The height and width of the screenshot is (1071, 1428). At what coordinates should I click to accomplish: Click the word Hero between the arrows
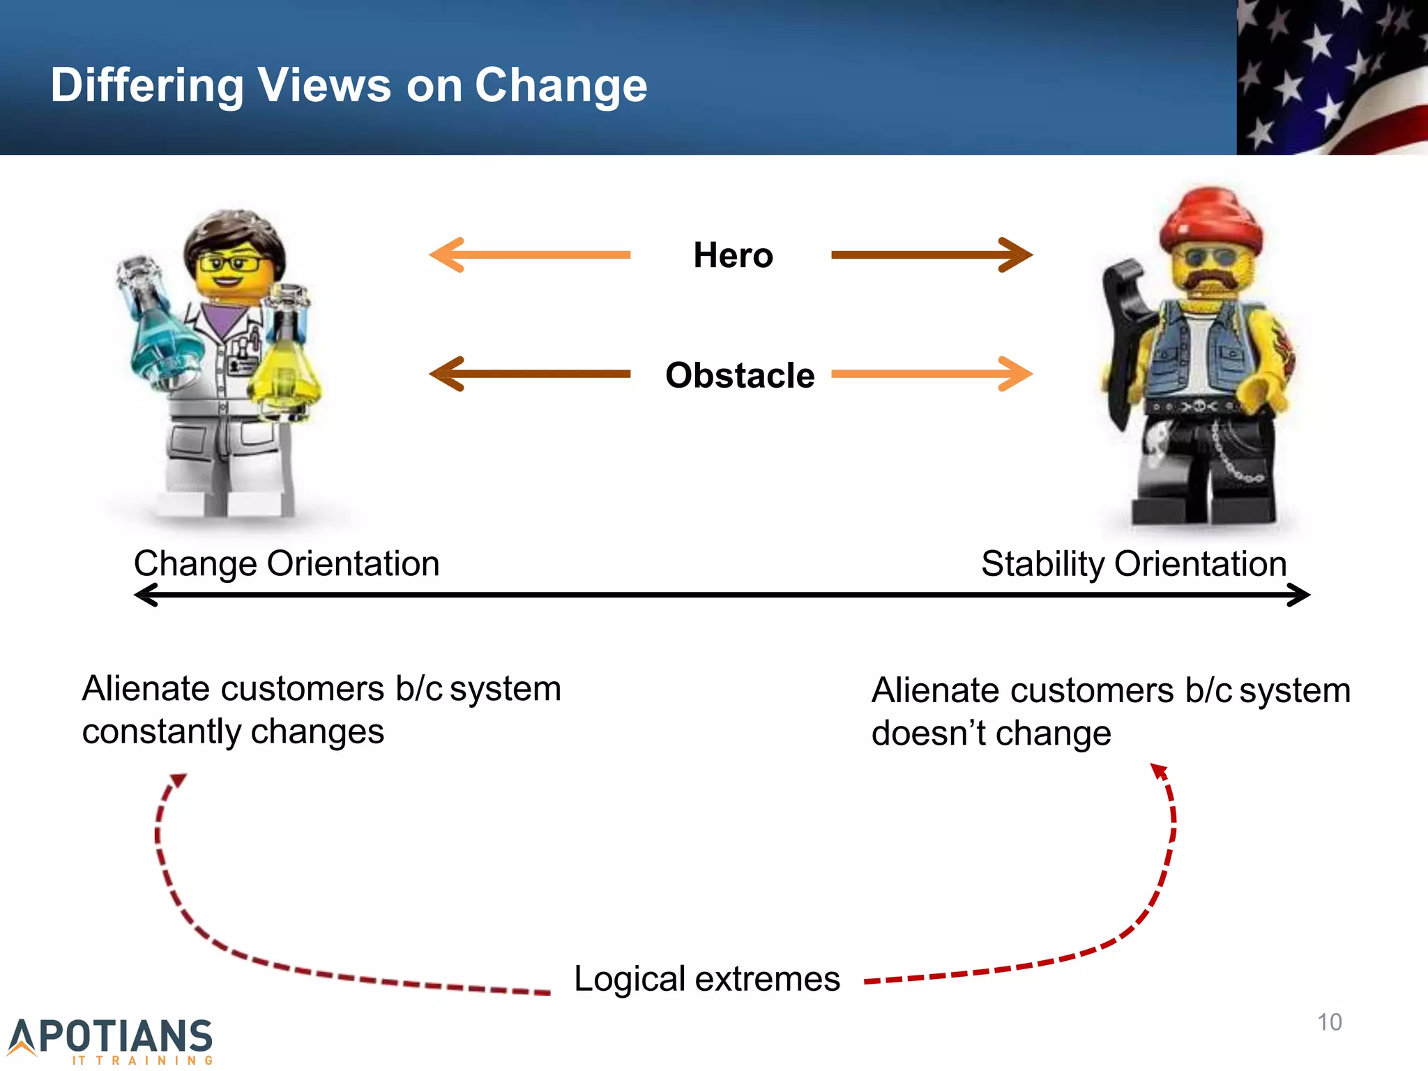point(733,255)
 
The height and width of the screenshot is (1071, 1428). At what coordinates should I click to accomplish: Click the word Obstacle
point(740,375)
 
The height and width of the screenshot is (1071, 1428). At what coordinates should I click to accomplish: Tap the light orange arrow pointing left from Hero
point(529,255)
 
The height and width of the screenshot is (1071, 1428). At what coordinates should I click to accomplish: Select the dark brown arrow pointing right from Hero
point(932,255)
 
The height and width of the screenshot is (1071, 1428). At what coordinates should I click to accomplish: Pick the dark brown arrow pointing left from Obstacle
point(529,374)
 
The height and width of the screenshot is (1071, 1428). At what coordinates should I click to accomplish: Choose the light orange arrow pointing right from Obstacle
point(932,374)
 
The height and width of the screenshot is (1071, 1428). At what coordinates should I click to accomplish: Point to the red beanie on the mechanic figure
point(1212,220)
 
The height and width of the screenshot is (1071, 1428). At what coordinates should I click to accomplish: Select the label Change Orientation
point(287,563)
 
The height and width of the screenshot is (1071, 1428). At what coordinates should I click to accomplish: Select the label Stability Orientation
point(1134,563)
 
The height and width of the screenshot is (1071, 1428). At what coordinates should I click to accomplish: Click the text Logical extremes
point(706,978)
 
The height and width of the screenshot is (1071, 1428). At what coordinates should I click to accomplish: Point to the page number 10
point(1329,1022)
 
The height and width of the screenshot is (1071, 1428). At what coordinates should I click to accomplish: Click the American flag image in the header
point(1332,77)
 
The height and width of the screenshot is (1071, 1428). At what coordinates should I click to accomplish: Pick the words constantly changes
point(233,732)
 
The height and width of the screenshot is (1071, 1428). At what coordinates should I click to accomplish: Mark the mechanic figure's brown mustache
point(1213,280)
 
